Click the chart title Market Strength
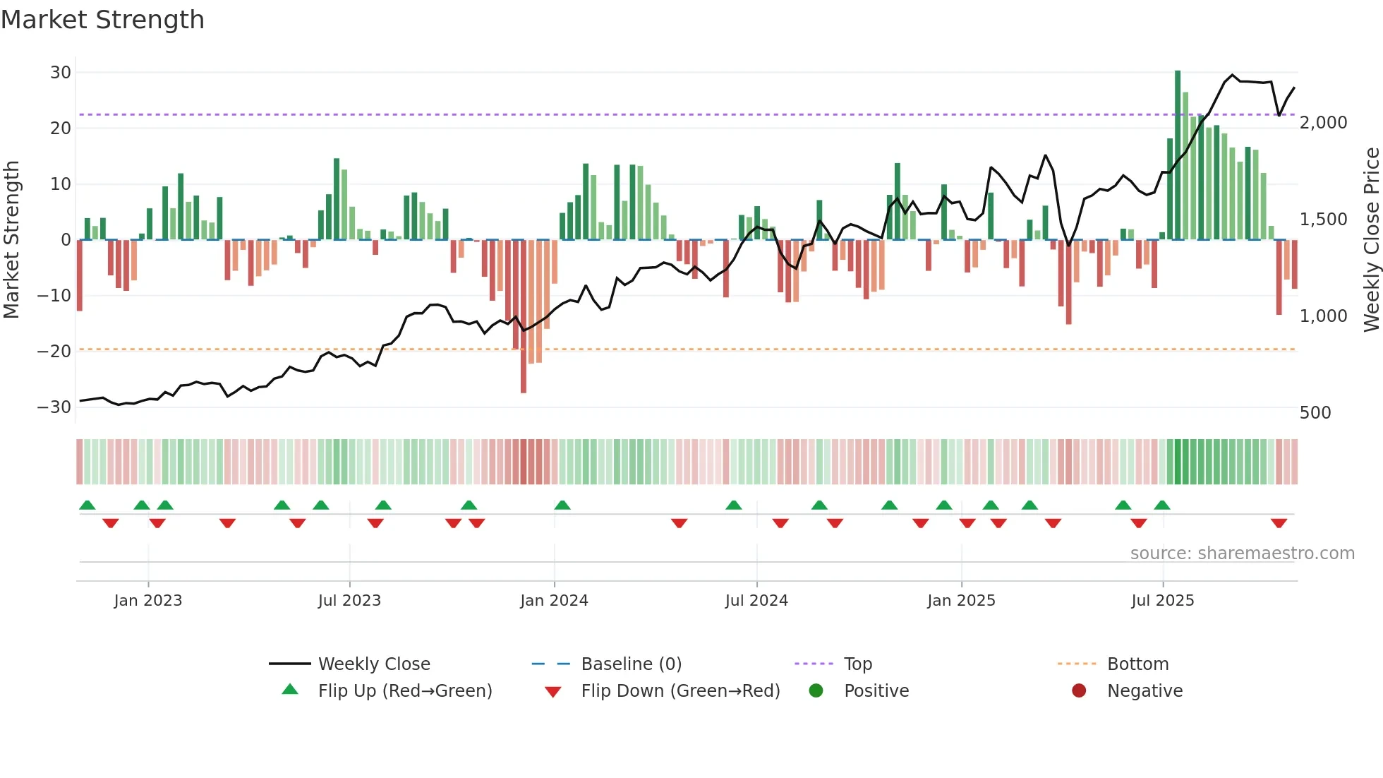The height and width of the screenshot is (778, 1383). (102, 20)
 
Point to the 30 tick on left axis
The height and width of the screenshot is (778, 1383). (61, 73)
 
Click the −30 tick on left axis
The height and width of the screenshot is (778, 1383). (55, 407)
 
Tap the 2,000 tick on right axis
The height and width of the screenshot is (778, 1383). (1323, 123)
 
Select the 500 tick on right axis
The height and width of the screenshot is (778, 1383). (1315, 413)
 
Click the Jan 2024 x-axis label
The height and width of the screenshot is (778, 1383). (554, 601)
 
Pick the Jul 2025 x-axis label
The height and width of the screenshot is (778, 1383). (1162, 601)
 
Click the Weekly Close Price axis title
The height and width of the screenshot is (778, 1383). (1371, 240)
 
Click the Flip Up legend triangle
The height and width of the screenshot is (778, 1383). (290, 690)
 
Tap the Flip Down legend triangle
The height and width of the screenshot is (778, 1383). (553, 692)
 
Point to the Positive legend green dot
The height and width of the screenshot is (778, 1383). (816, 690)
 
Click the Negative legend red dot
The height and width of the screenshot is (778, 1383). (1079, 690)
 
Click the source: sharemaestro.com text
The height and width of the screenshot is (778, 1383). (1242, 553)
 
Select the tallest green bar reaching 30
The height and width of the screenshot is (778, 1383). (1178, 155)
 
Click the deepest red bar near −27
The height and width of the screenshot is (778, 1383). (524, 318)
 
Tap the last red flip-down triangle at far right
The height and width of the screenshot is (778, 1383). (1279, 523)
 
